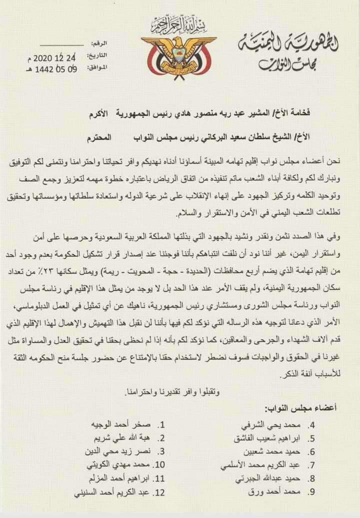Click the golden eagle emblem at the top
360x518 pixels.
pos(178,55)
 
